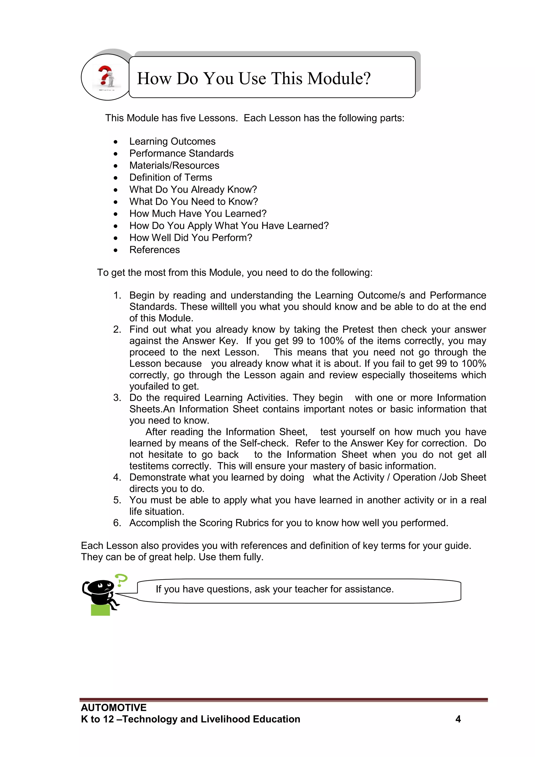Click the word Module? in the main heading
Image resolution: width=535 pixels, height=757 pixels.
(339, 78)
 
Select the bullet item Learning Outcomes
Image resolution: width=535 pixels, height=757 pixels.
(172, 141)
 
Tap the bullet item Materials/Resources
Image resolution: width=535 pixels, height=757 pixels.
(174, 166)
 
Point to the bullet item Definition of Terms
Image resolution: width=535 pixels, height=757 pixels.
(171, 177)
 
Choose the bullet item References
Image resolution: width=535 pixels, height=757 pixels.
(154, 250)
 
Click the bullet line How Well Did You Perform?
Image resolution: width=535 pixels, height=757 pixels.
(191, 238)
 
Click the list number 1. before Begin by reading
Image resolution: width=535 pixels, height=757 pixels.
(117, 295)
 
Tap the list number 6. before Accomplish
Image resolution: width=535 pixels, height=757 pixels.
(117, 523)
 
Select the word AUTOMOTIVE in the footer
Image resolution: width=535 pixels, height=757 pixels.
(114, 708)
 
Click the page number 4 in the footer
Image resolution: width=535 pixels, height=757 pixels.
(458, 719)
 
